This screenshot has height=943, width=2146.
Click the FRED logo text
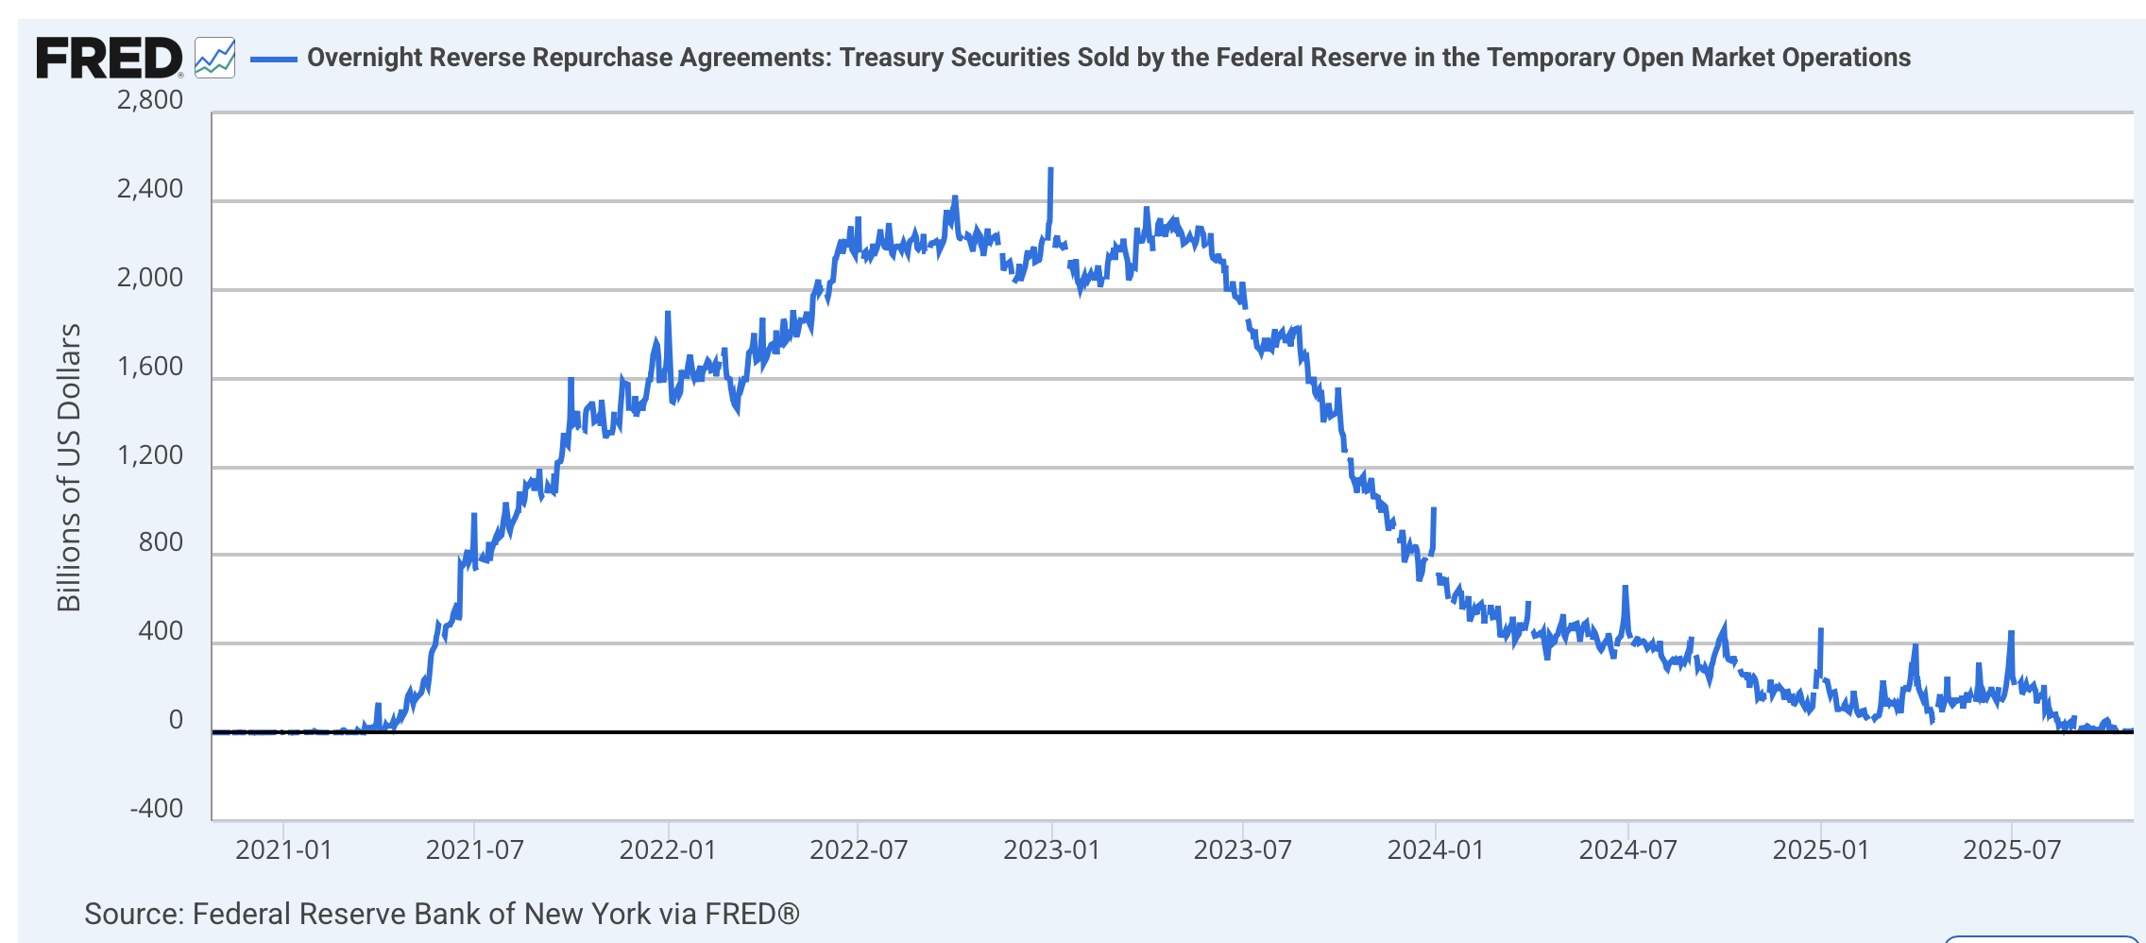click(108, 59)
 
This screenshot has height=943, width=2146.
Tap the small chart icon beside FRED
click(214, 58)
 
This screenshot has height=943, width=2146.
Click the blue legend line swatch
click(274, 59)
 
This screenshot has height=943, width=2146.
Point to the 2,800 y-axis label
click(149, 100)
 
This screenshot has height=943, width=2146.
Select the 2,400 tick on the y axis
click(149, 189)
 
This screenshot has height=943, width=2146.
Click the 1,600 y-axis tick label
click(149, 367)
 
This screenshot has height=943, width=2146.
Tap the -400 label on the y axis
click(157, 809)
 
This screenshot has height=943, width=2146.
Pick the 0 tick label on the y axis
click(176, 720)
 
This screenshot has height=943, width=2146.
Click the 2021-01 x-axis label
click(283, 850)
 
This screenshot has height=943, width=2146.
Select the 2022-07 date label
click(858, 850)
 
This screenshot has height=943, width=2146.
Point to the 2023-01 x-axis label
click(1051, 850)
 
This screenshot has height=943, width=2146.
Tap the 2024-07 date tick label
click(1627, 850)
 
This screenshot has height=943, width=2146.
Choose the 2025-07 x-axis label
click(2012, 850)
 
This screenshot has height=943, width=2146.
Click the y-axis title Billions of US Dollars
click(69, 468)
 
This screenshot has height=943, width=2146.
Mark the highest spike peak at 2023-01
click(1051, 170)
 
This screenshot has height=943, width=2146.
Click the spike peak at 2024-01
click(1434, 509)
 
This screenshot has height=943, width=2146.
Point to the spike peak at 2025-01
click(1820, 630)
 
